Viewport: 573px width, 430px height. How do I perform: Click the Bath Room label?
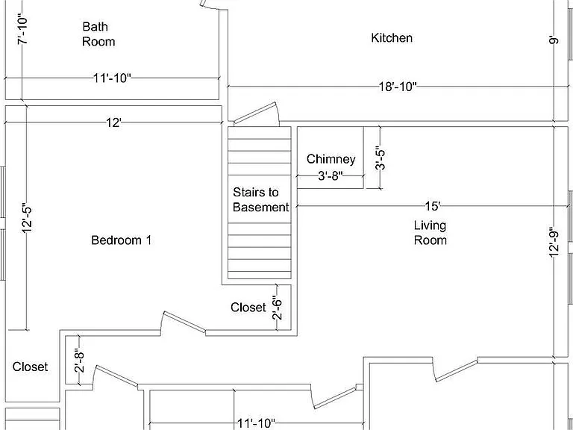pos(98,34)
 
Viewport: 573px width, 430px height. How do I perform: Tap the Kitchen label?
pos(392,37)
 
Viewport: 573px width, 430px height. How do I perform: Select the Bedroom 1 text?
pos(121,240)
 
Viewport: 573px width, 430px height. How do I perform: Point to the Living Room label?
pos(430,233)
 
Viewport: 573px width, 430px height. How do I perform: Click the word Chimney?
pos(331,159)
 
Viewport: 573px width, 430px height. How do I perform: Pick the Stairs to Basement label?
pos(260,199)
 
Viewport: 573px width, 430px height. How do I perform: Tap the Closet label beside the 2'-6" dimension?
pos(248,307)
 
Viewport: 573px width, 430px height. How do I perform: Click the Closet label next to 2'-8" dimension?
pos(30,367)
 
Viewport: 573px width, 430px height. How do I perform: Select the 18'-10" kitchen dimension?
pos(398,87)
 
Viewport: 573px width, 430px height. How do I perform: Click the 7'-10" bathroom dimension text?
pos(22,30)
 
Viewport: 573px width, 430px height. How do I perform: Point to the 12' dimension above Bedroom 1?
pos(113,122)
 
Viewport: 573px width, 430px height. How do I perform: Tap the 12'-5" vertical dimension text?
pos(27,217)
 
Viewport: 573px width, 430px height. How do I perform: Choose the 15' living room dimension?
pos(433,206)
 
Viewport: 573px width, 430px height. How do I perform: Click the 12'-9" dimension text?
pos(554,243)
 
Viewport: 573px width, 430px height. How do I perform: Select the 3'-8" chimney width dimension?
pos(331,176)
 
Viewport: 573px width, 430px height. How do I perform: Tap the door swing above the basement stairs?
pos(257,113)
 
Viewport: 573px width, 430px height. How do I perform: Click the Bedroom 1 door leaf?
pos(184,322)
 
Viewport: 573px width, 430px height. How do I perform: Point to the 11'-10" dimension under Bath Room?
pos(112,78)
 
